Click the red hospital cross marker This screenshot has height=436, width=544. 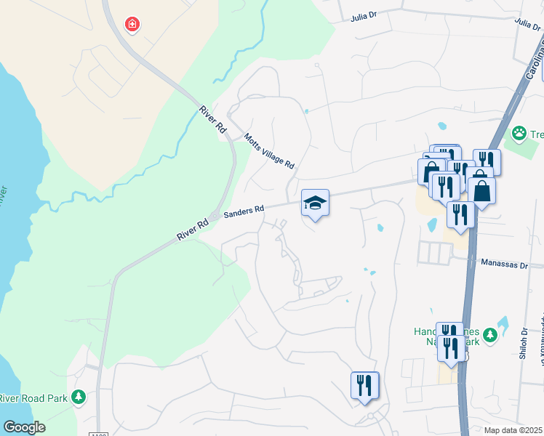132,25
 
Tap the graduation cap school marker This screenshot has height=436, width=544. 315,203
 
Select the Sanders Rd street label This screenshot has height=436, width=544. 244,211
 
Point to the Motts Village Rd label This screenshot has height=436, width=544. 269,151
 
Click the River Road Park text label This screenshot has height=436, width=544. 33,398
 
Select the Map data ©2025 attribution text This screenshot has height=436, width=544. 513,430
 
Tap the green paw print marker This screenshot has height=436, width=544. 519,133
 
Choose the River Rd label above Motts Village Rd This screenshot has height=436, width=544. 212,120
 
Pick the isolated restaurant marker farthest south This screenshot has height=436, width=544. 365,386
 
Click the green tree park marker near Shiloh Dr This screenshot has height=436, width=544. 490,335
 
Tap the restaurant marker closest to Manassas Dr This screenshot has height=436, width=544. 460,214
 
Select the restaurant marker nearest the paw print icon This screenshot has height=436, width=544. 487,162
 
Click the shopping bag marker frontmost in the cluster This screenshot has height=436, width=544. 481,191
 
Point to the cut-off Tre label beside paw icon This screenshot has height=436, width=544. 537,134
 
